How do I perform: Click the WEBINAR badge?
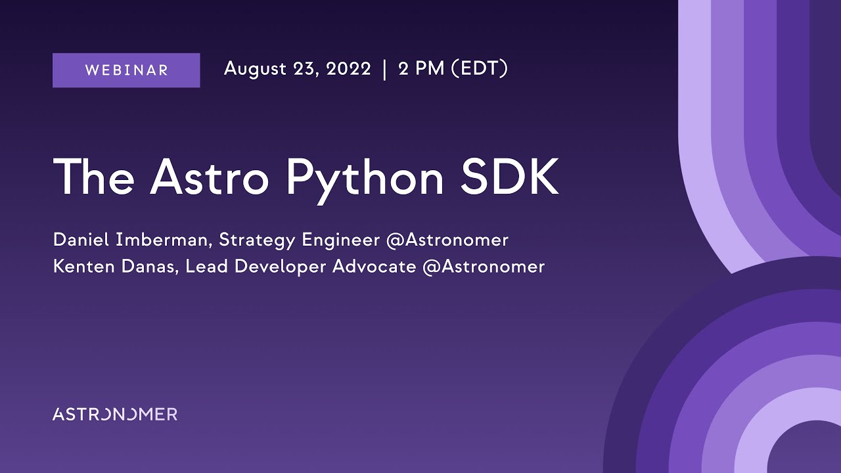pos(126,70)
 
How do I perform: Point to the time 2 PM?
pos(421,68)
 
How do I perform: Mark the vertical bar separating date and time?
pos(384,69)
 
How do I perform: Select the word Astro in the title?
pos(210,177)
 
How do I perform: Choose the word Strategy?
pos(258,240)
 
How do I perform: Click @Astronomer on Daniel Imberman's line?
pos(447,240)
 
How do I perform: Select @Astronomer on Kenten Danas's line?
pos(484,267)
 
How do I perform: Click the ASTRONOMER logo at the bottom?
pos(115,414)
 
